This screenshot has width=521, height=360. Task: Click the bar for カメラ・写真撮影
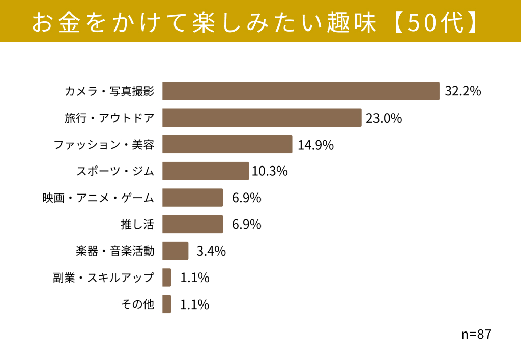click(301, 91)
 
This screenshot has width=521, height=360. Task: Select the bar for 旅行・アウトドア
click(262, 118)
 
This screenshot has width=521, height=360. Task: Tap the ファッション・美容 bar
click(227, 144)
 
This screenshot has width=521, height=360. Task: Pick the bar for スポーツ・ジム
click(206, 171)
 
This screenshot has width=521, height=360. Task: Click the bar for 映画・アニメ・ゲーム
click(192, 198)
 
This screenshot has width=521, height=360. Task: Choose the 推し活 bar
click(192, 224)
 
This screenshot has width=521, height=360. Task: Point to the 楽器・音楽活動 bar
click(175, 251)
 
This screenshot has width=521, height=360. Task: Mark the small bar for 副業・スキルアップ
click(166, 277)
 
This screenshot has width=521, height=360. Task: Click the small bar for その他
click(166, 304)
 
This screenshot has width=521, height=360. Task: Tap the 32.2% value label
click(463, 91)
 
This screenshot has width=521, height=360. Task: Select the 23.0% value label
click(384, 118)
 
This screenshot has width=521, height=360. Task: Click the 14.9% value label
click(315, 145)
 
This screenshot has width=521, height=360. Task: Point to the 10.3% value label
click(270, 171)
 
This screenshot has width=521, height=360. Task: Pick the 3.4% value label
click(211, 251)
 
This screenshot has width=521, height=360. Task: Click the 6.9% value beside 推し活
click(247, 225)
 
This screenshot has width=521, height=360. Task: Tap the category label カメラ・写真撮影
click(109, 91)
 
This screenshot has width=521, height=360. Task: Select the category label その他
click(137, 304)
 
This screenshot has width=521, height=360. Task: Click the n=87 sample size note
click(476, 334)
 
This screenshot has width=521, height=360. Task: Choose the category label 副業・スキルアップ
click(104, 277)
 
